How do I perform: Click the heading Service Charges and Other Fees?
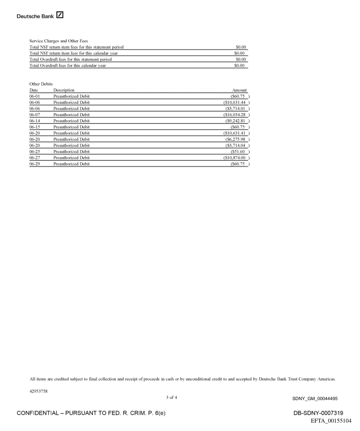[x=59, y=41]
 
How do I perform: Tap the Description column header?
[x=64, y=90]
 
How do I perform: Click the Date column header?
[x=34, y=90]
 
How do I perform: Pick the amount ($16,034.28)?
[x=237, y=114]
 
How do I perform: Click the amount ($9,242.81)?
[x=238, y=120]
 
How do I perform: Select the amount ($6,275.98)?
[x=238, y=139]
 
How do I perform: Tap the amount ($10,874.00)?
[x=237, y=157]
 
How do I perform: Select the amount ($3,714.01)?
[x=238, y=108]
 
